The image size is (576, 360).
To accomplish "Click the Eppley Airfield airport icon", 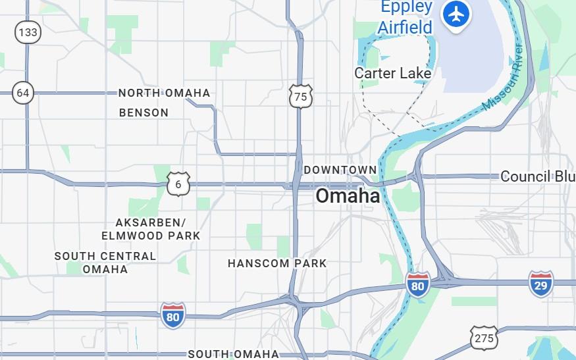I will click(456, 14).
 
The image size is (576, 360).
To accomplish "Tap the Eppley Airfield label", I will click(405, 18).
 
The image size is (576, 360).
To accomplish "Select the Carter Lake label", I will click(393, 73).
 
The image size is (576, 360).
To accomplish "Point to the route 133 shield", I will click(28, 32).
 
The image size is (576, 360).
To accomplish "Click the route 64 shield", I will click(23, 93).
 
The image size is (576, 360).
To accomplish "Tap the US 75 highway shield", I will click(300, 97).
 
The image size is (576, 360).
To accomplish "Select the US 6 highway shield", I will click(178, 184).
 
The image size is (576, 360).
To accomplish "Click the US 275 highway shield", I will click(483, 338).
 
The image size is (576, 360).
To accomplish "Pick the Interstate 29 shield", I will click(541, 284).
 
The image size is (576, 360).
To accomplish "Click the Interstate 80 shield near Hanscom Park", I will click(173, 316).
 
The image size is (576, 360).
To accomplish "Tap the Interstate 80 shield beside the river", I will click(417, 284).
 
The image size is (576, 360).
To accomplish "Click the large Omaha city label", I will click(348, 196).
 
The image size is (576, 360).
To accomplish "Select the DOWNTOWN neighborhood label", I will click(340, 170).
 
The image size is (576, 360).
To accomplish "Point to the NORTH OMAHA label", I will click(165, 93).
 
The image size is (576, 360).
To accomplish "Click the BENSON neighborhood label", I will click(144, 113).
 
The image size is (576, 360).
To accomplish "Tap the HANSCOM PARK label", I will click(277, 263).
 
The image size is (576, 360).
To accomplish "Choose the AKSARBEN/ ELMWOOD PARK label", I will click(151, 229).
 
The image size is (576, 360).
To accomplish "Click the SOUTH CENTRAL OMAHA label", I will click(105, 263).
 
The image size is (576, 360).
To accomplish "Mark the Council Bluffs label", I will click(537, 176).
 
